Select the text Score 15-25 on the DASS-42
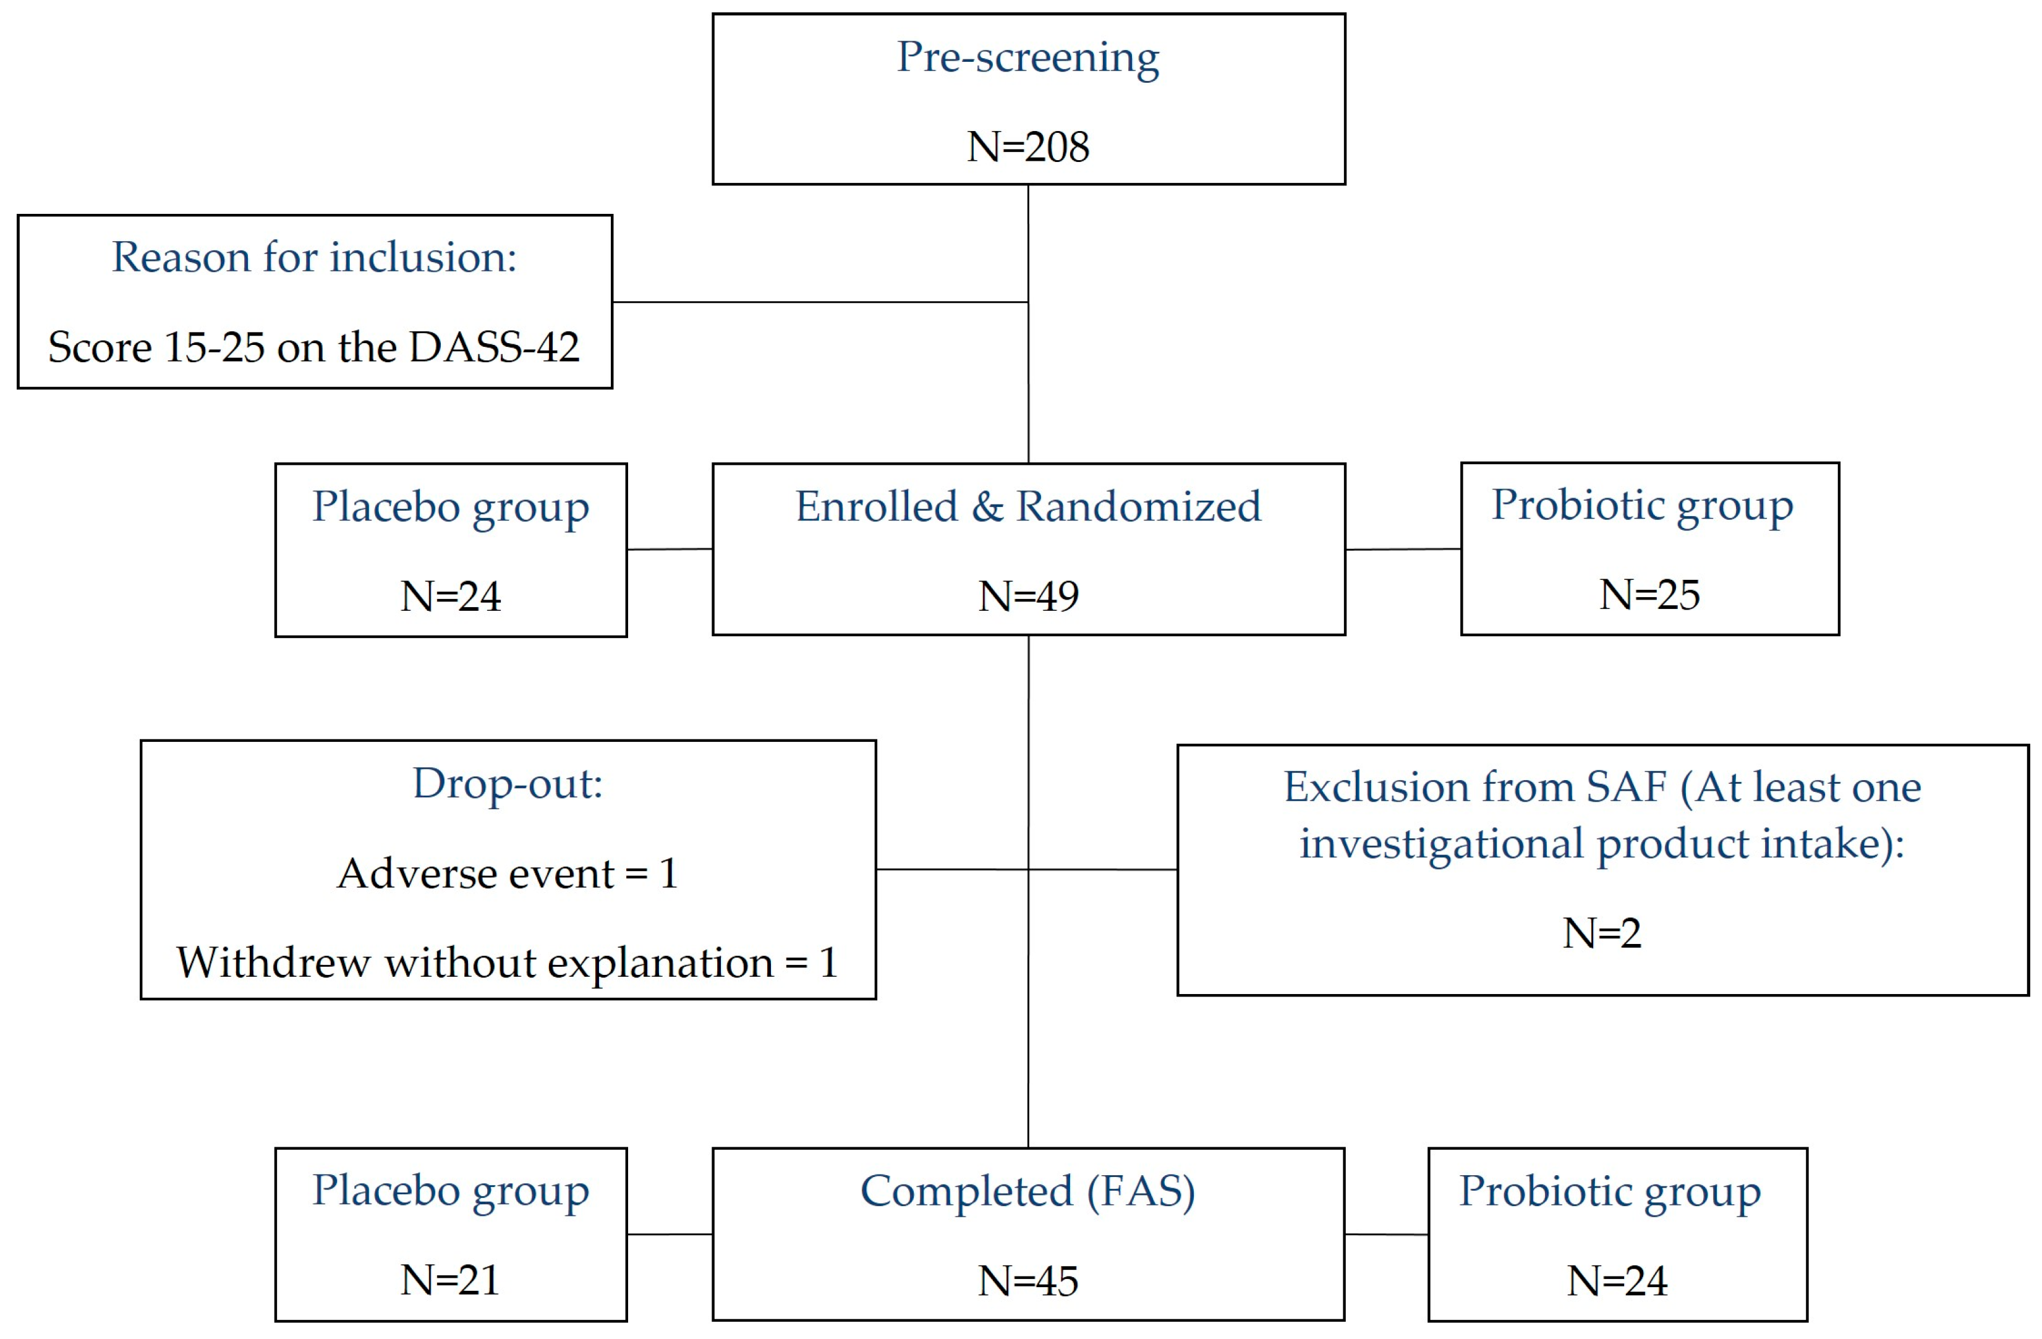[x=314, y=347]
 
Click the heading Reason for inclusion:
[x=314, y=257]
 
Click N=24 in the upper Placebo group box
[x=451, y=596]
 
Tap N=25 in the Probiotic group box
[x=1648, y=595]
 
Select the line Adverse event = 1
[x=507, y=874]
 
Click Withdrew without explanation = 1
[x=507, y=963]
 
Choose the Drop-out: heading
[x=507, y=784]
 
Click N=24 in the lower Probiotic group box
[x=1617, y=1282]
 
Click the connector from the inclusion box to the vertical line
[x=819, y=302]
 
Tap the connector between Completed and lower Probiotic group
[x=1385, y=1235]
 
